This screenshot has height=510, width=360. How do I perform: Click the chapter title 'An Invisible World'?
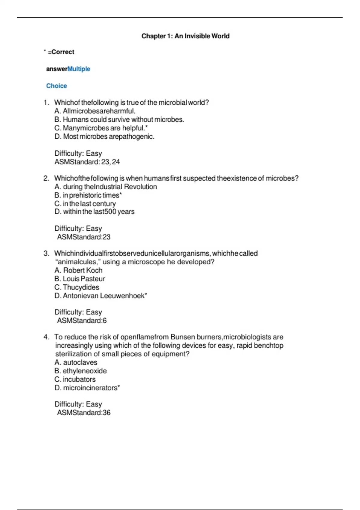202,36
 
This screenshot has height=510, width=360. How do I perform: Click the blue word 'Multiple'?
79,69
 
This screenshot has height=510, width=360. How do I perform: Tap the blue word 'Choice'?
56,86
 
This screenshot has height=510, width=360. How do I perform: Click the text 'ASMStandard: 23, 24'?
87,162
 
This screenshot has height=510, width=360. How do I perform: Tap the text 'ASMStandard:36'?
84,413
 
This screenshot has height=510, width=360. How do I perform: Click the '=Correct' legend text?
61,52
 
